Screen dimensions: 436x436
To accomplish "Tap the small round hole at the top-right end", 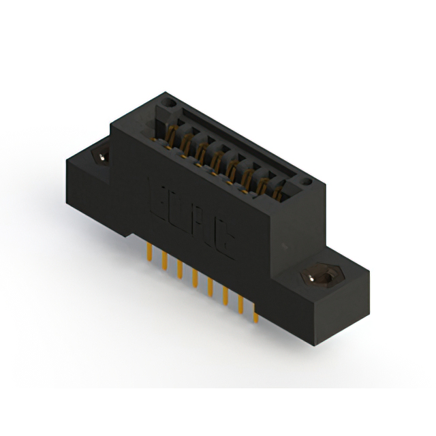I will pos(307,182).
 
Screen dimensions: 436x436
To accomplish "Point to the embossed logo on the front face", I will pos(190,215).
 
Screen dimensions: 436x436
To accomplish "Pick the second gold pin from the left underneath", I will pos(163,260).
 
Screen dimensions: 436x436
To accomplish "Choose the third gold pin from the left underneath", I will pos(179,268).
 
